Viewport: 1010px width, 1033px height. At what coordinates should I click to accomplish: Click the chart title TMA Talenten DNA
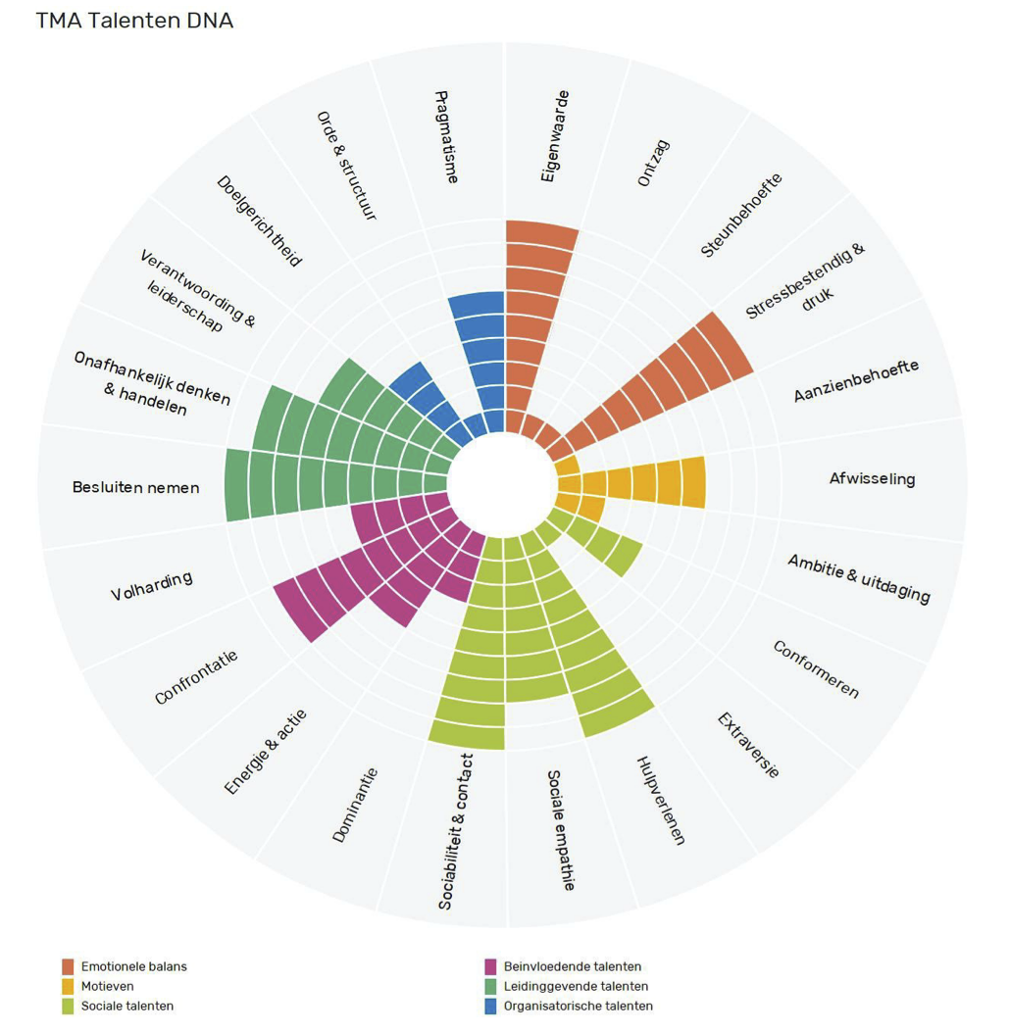pyautogui.click(x=134, y=21)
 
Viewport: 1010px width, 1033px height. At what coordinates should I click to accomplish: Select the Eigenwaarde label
pyautogui.click(x=555, y=136)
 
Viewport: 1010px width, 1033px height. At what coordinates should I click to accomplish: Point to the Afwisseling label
pyautogui.click(x=872, y=479)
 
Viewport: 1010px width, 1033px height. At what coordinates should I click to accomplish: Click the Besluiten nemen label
pyautogui.click(x=135, y=487)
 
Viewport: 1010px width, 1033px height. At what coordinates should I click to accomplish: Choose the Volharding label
pyautogui.click(x=151, y=586)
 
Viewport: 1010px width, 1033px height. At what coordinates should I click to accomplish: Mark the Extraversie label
pyautogui.click(x=747, y=745)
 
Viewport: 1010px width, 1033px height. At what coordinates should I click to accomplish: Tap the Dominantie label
pyautogui.click(x=355, y=806)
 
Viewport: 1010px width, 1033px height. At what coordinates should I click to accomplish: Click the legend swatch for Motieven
pyautogui.click(x=68, y=986)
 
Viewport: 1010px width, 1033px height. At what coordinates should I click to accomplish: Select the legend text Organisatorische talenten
pyautogui.click(x=578, y=1006)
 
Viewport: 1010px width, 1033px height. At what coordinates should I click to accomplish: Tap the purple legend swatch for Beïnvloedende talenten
pyautogui.click(x=491, y=966)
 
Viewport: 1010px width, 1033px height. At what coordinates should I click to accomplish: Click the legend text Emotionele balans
pyautogui.click(x=133, y=966)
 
